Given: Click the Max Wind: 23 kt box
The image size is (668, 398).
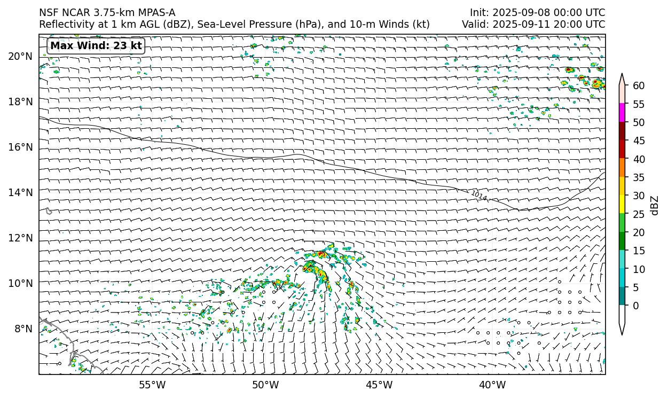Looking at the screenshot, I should [96, 46].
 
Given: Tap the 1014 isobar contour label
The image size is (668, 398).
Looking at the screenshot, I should [479, 196].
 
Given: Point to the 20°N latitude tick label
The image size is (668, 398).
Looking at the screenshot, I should [20, 57].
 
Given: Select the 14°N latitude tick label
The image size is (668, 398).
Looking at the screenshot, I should [20, 192].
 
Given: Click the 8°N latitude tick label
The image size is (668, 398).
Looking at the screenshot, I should [23, 329].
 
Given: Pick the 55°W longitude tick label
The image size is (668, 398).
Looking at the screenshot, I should [152, 385].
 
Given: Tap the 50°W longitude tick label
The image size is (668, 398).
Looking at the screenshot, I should [265, 385].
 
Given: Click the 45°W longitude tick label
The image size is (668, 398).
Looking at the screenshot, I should [379, 385].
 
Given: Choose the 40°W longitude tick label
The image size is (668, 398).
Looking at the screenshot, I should [492, 385].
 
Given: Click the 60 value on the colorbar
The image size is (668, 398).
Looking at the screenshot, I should [639, 86].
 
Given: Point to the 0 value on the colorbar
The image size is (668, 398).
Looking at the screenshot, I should [635, 306].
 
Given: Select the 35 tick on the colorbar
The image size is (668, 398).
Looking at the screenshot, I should [639, 178].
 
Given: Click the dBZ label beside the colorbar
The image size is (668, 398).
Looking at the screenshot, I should [655, 206].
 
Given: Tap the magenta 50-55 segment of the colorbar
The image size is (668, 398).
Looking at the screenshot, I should [622, 113].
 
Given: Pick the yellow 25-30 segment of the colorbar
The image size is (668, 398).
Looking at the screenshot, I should [622, 205].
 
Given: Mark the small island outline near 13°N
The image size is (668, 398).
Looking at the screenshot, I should [49, 211].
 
